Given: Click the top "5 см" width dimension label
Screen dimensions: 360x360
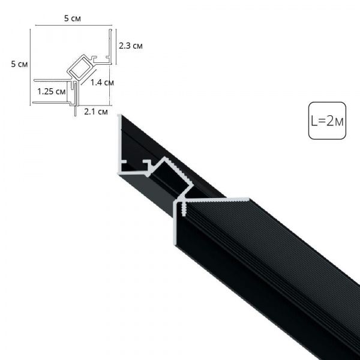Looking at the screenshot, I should pos(73,19).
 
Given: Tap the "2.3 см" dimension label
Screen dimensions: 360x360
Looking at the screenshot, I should pos(130,46).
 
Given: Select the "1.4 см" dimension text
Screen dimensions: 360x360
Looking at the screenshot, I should pos(102,83).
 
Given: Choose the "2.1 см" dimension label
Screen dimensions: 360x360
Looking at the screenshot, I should pos(96,111).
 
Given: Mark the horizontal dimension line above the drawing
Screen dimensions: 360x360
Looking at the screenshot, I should pos(73,26).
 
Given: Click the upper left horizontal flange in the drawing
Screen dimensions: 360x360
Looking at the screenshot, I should pos(51,79).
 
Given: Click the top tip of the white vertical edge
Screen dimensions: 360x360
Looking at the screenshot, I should pos(119,115).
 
